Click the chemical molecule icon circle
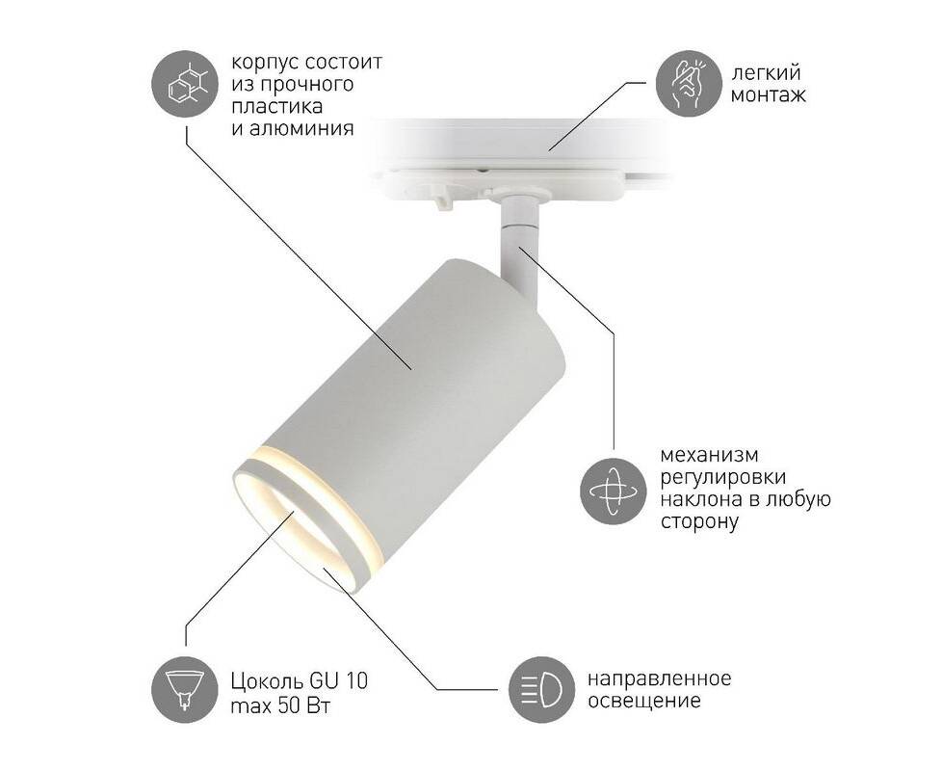185,85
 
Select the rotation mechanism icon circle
614,491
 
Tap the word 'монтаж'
769,95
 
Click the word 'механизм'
709,455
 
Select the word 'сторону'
698,521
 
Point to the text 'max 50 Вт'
280,705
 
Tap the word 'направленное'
659,679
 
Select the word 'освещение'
644,702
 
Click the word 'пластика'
277,106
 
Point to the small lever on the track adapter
443,200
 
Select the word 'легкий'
766,73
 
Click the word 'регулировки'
723,478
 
